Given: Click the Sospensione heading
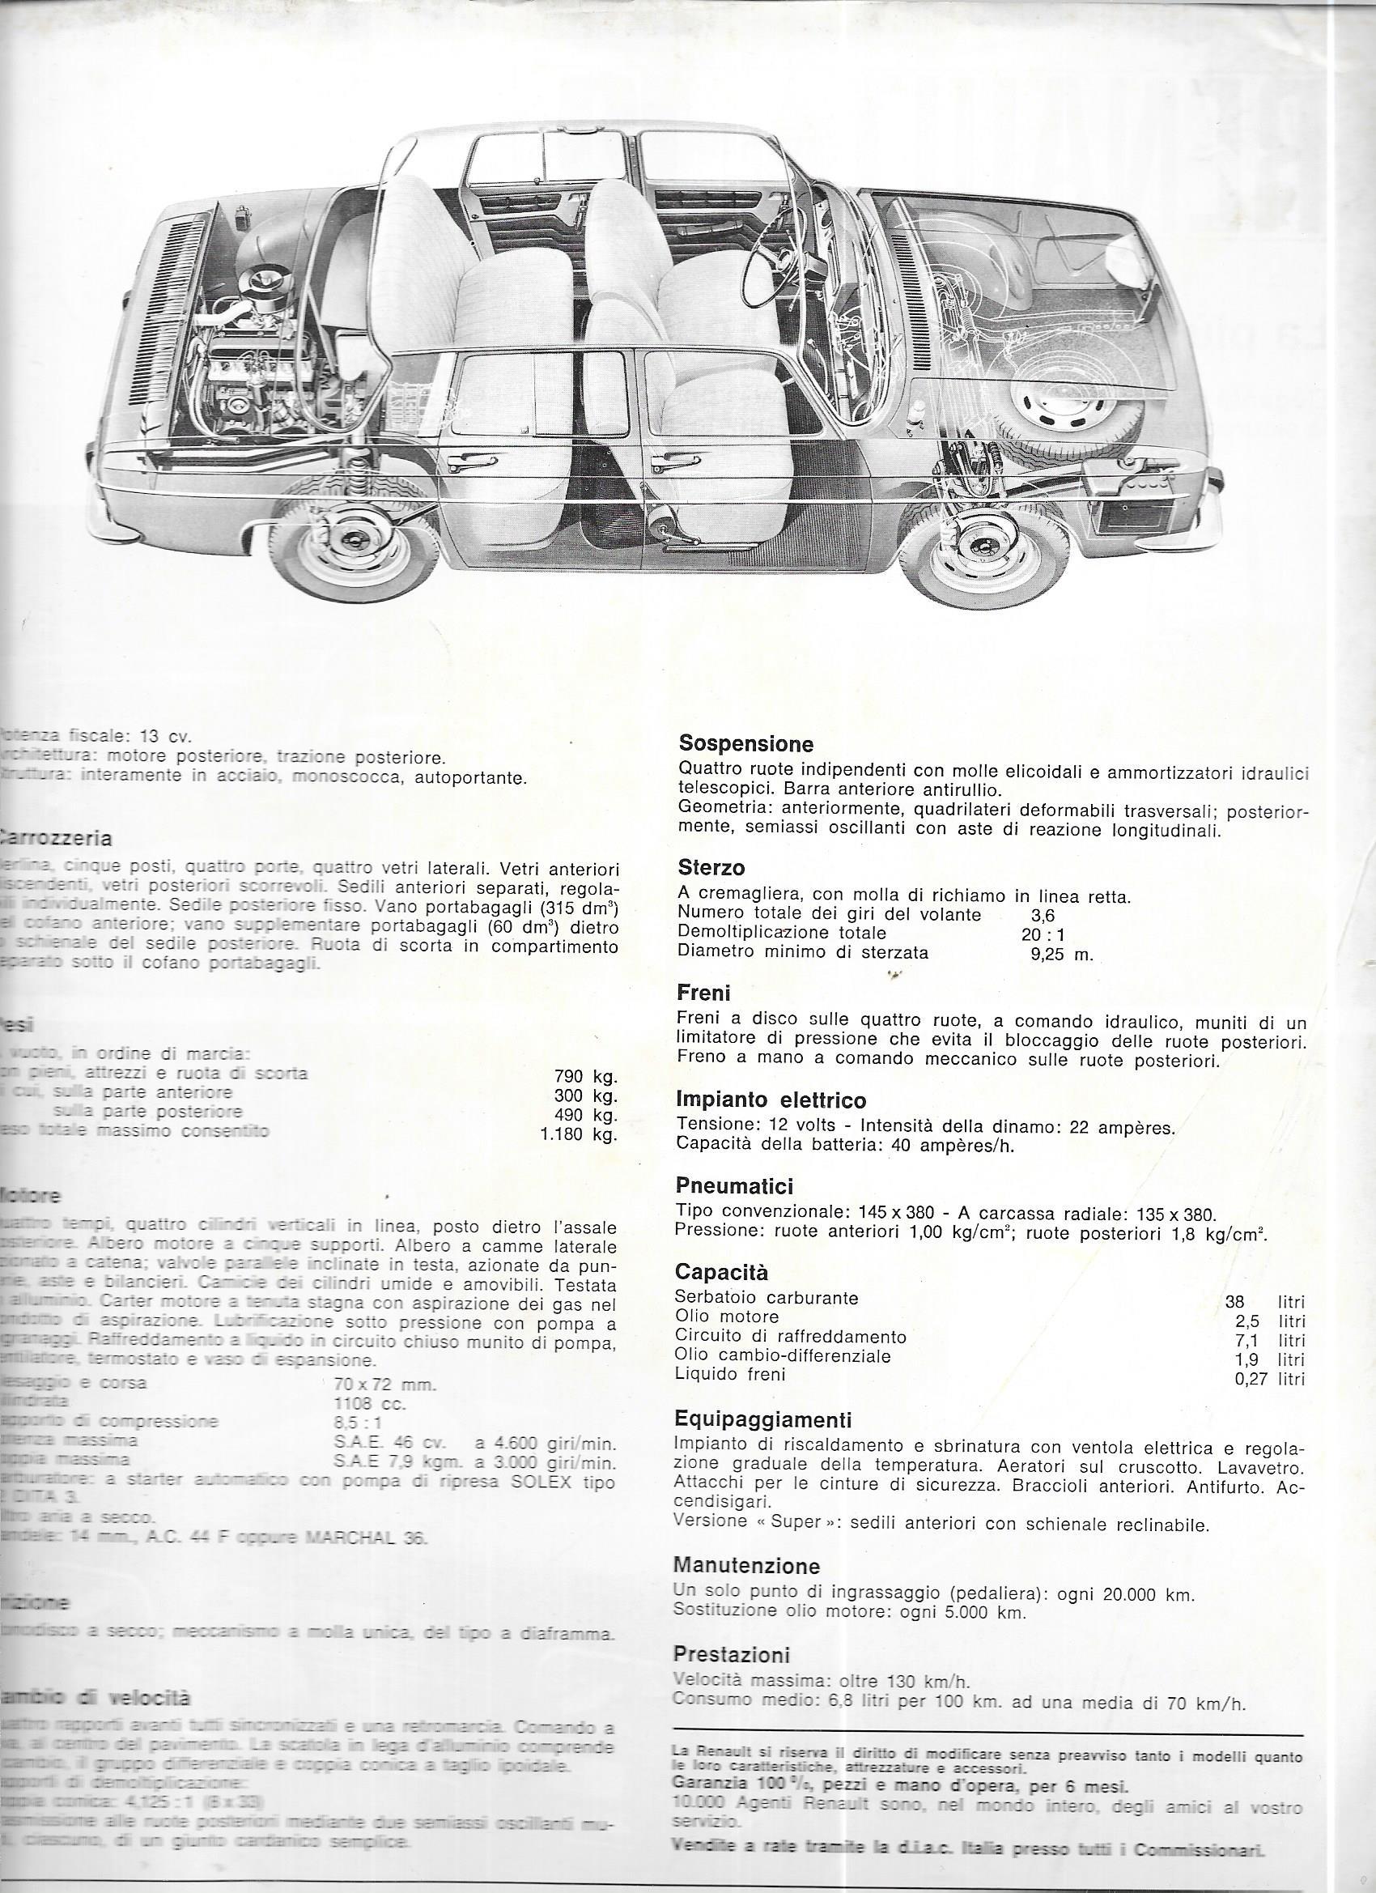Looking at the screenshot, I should pyautogui.click(x=746, y=742).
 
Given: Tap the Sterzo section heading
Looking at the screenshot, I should pyautogui.click(x=711, y=867).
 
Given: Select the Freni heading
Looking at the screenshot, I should pyautogui.click(x=703, y=993).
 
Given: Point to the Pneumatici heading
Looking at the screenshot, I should pyautogui.click(x=734, y=1186).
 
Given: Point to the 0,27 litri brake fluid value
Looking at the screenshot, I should pyautogui.click(x=1268, y=1379).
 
